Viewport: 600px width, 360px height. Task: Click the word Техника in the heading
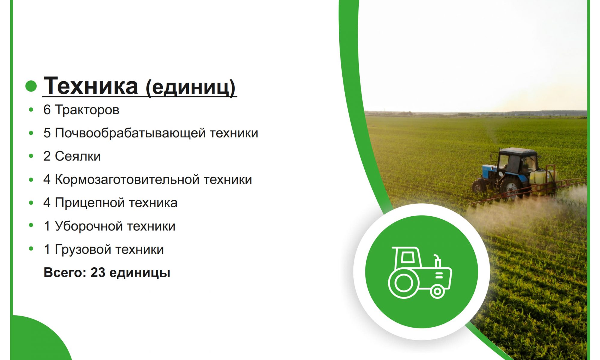91,86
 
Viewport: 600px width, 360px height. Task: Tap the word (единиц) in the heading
190,87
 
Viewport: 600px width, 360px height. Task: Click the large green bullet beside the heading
31,86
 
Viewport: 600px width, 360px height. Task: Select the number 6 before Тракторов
47,109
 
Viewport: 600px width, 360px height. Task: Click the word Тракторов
87,110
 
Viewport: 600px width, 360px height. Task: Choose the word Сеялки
78,156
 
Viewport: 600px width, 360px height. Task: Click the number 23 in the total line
98,273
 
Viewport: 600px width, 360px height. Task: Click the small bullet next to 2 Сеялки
31,156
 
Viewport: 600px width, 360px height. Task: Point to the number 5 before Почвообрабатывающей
47,133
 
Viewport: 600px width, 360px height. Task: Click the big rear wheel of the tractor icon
403,283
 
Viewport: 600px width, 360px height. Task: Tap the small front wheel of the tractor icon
437,291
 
